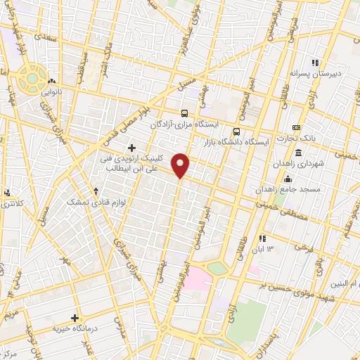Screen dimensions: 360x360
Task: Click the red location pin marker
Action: tap(181, 165)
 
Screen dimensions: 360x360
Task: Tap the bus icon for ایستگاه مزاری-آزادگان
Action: tap(184, 112)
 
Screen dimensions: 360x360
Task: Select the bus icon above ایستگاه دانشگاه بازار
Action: tap(236, 131)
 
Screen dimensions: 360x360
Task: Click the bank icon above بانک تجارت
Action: tap(296, 127)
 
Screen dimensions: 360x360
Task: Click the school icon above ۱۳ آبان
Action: tap(263, 239)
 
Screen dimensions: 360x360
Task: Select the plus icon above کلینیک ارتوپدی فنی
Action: tap(131, 147)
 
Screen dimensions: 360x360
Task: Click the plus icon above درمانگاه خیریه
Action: tap(75, 318)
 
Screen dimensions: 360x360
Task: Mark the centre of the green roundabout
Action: tap(32, 78)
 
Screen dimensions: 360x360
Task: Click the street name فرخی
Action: tap(304, 249)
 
